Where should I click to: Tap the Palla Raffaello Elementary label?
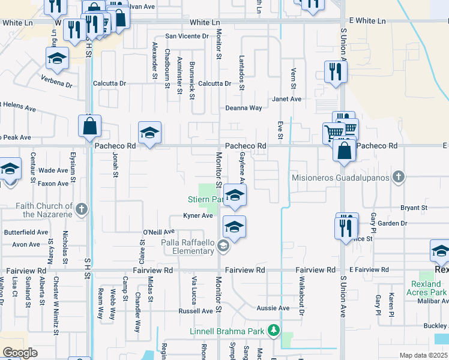[x=187, y=247]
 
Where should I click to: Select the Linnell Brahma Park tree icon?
[x=273, y=331]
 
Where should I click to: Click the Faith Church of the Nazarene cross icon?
[x=82, y=209]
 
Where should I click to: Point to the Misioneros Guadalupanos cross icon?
[x=397, y=177]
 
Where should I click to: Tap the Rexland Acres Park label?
[x=430, y=287]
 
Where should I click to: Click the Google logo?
[x=20, y=352]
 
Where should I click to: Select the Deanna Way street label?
[x=244, y=109]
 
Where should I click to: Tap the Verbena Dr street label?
[x=56, y=79]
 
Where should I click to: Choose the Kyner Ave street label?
[x=198, y=216]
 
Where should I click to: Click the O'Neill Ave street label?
[x=158, y=232]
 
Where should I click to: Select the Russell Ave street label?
[x=195, y=311]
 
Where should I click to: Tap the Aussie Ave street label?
[x=274, y=308]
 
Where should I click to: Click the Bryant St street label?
[x=414, y=208]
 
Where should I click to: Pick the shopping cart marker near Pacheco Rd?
[x=333, y=132]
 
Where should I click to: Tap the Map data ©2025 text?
[x=423, y=355]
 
